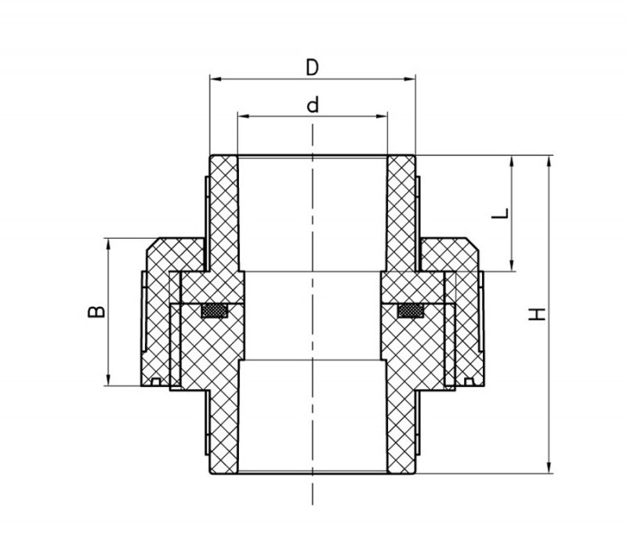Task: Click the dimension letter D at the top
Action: (312, 67)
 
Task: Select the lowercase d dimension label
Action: (313, 105)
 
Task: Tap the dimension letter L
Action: (500, 213)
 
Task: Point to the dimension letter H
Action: (537, 314)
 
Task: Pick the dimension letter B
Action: (96, 312)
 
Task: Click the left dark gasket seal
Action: (214, 311)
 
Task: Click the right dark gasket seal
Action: (411, 311)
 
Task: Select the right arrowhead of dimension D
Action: (410, 79)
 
